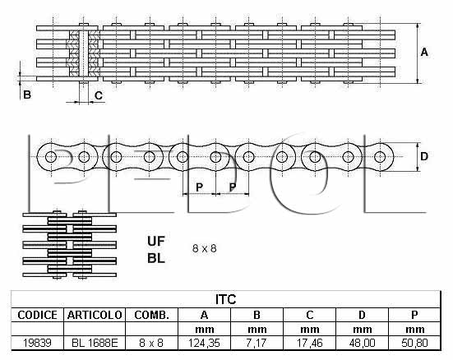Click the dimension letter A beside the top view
424,53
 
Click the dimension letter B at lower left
27,95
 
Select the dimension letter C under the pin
99,95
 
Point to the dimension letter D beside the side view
424,156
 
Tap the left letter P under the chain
199,187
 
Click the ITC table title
225,299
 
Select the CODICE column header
37,315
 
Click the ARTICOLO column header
95,315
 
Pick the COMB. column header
151,315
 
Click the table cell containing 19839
37,343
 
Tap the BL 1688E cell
95,343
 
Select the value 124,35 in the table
204,343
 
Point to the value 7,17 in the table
257,343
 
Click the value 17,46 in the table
310,343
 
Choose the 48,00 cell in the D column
362,343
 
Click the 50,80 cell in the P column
414,343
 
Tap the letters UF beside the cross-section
156,242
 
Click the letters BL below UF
156,258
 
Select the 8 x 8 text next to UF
204,248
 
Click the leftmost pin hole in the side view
51,157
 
